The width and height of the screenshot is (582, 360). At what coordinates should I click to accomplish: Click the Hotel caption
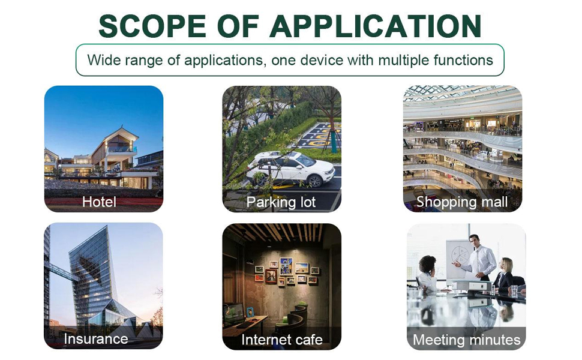tap(99, 202)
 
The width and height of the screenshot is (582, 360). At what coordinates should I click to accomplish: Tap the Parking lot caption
tap(281, 202)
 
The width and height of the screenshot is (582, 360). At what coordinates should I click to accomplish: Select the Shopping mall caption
tap(462, 202)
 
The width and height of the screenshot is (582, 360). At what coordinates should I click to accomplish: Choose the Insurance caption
tap(96, 338)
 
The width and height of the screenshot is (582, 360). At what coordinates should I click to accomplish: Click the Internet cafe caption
tap(282, 340)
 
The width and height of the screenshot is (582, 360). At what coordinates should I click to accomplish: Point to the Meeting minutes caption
tap(467, 340)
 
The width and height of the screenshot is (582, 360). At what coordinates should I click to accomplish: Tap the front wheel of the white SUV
tap(315, 181)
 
